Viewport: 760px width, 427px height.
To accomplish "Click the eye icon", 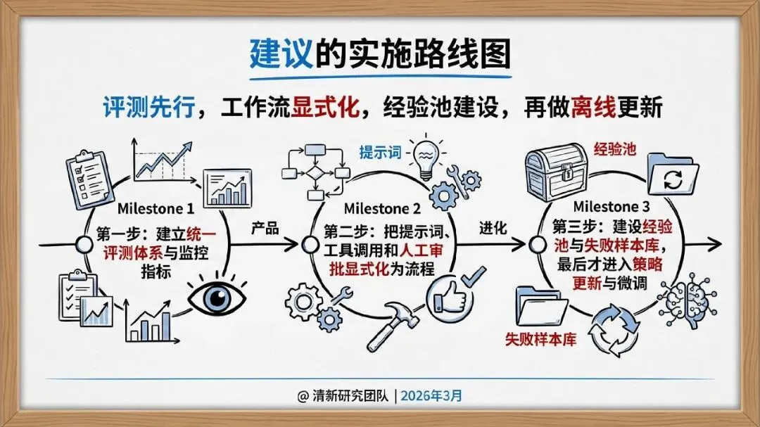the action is tap(217, 299).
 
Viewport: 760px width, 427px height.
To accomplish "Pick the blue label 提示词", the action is tap(380, 153).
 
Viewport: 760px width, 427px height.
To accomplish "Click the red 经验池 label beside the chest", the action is tap(617, 150).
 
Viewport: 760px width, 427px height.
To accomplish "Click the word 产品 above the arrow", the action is tap(265, 229).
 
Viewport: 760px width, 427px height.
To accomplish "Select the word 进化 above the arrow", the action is tap(493, 229).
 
